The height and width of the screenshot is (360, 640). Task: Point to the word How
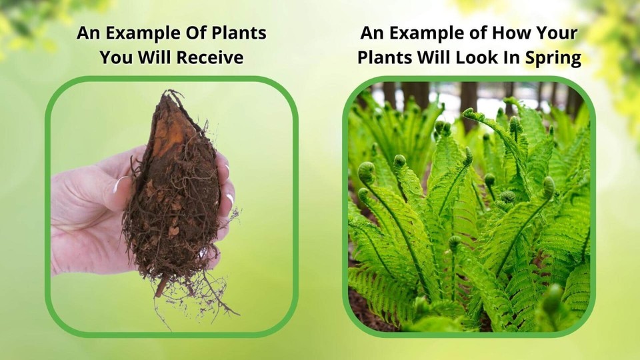(x=519, y=33)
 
